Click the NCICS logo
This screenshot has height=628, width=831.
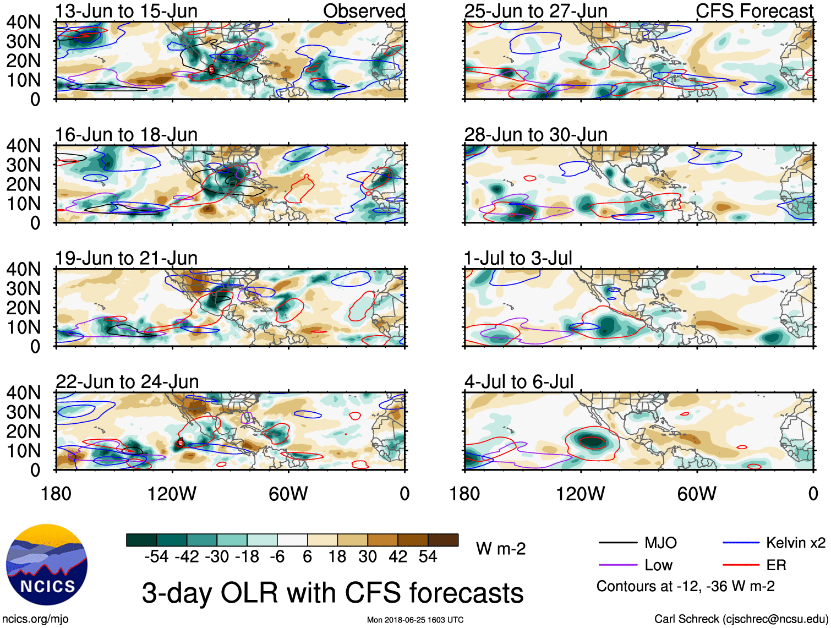click(x=47, y=565)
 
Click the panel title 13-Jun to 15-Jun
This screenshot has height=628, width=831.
click(x=126, y=11)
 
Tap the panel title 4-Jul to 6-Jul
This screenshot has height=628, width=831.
click(x=518, y=381)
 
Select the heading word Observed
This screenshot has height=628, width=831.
click(x=364, y=11)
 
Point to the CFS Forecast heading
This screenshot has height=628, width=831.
click(x=754, y=11)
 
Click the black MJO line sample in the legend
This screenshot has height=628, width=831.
click(x=617, y=543)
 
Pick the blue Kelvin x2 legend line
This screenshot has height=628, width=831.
click(x=741, y=543)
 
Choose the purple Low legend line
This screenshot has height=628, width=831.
click(x=617, y=565)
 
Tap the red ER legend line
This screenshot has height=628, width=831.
click(x=741, y=565)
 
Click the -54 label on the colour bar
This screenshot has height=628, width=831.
click(x=156, y=556)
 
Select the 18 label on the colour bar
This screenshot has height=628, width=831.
click(x=337, y=556)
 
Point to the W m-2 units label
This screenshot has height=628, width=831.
click(x=501, y=549)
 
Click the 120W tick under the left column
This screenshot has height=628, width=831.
click(x=172, y=494)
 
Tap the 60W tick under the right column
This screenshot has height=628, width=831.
click(x=697, y=494)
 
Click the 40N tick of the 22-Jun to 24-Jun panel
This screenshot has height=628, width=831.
click(x=23, y=393)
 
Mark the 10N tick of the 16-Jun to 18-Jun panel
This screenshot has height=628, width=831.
click(x=23, y=204)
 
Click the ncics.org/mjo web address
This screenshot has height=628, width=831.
click(x=35, y=619)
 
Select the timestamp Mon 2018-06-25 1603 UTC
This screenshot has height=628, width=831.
click(x=415, y=620)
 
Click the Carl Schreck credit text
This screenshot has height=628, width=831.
click(x=741, y=619)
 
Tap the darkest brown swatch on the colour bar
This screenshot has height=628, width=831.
click(x=443, y=540)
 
